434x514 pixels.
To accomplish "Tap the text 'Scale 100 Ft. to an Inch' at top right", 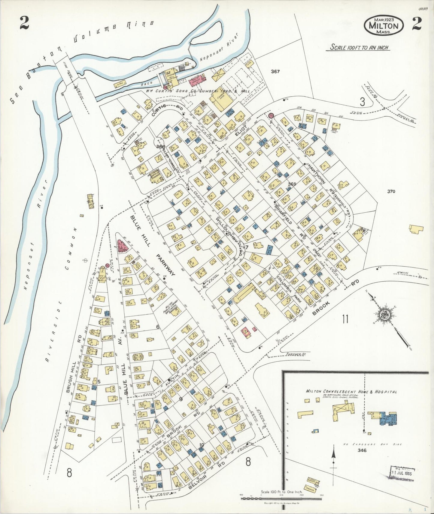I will pos(359,47).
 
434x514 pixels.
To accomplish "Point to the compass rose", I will pos(384,315).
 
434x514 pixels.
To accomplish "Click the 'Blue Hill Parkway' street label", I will pos(152,244).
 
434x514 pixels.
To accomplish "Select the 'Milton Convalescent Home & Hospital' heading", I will pos(351,392).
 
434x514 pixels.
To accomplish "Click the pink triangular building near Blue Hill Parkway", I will pos(123,247).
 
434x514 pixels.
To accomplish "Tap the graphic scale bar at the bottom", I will pos(281,498).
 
